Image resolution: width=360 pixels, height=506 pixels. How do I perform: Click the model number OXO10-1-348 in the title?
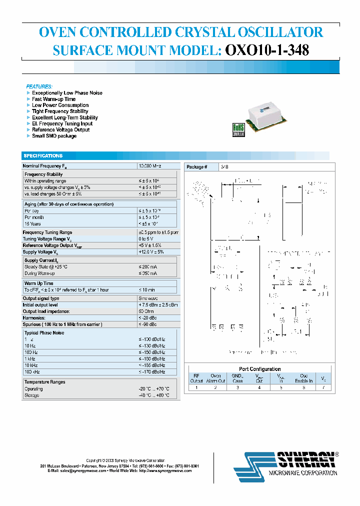(267, 50)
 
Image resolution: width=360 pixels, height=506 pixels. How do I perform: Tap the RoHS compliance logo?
(239, 129)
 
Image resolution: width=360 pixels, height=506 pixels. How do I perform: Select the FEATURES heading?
(39, 86)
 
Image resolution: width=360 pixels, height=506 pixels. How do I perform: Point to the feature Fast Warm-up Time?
(54, 99)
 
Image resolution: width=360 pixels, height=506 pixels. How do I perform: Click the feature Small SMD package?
(54, 136)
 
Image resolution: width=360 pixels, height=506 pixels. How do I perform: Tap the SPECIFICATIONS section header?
(43, 155)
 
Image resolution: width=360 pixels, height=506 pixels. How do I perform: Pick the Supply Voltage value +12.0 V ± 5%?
(151, 251)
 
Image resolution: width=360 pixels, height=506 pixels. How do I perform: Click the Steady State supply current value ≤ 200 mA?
(148, 267)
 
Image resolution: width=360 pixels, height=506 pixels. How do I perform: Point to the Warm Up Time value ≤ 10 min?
(147, 289)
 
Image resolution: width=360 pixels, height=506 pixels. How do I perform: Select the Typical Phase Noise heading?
(44, 332)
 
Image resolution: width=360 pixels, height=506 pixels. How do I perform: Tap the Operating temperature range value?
(154, 388)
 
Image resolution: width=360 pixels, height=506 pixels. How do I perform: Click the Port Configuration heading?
(258, 369)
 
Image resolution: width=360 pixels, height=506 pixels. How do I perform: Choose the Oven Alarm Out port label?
(215, 378)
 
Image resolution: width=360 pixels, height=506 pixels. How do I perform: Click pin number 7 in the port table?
(322, 387)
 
